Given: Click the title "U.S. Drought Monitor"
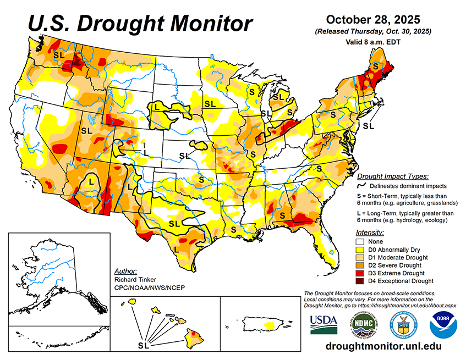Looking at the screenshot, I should point(140,24).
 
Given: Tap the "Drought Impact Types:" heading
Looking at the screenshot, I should point(392,176).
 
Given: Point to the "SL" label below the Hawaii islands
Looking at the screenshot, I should point(143,346).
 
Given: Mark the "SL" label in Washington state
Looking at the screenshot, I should point(59,55).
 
